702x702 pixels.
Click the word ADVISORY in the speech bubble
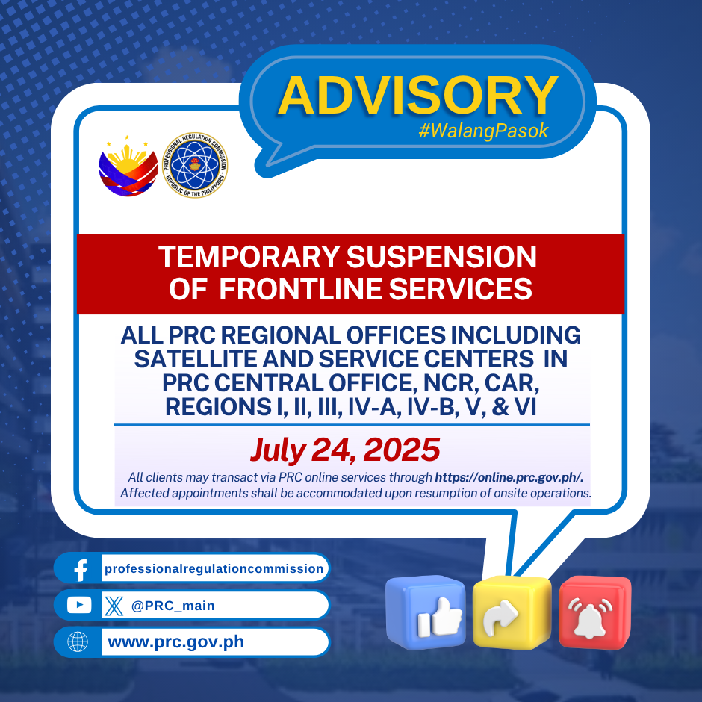point(417,96)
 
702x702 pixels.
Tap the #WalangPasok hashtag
point(483,131)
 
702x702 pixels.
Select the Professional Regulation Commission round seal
point(195,165)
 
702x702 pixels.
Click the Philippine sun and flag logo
point(128,166)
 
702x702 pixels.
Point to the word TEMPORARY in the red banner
point(249,257)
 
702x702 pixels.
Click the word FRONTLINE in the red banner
point(300,289)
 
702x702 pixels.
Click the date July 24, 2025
point(345,449)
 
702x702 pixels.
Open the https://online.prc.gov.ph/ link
point(509,477)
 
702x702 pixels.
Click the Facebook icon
point(81,570)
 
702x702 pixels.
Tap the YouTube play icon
point(79,606)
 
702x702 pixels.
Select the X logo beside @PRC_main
point(114,606)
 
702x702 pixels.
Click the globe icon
point(78,642)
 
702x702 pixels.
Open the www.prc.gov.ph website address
point(176,642)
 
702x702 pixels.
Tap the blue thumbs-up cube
point(426,612)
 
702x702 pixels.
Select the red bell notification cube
point(595,612)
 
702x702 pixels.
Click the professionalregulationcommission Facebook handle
point(214,568)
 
